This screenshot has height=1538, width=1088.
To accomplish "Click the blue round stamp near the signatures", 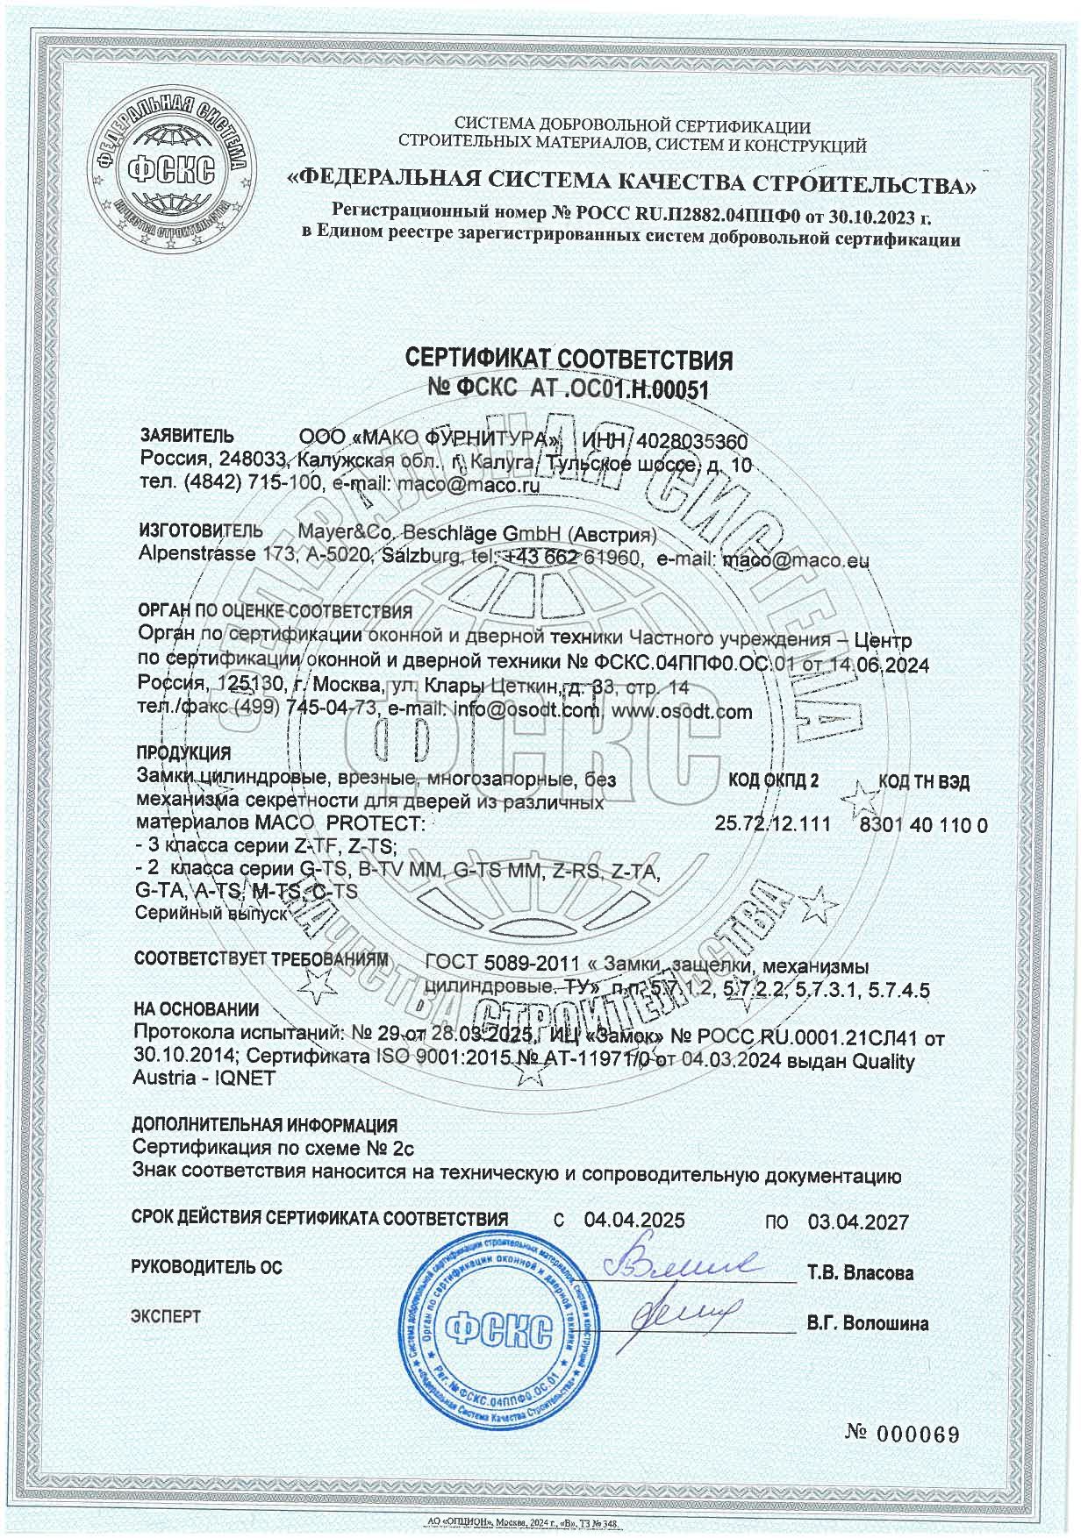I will tap(496, 1325).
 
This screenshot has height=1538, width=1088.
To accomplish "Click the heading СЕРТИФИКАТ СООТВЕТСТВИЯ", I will tap(567, 360).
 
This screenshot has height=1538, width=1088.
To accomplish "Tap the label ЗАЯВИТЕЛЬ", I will tap(187, 436).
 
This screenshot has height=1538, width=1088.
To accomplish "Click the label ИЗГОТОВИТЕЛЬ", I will tap(201, 531).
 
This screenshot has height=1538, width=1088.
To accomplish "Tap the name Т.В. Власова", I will tap(860, 1272).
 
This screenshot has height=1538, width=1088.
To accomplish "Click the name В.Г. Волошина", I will tap(867, 1323).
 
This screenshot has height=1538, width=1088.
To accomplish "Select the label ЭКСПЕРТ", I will tap(166, 1316).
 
